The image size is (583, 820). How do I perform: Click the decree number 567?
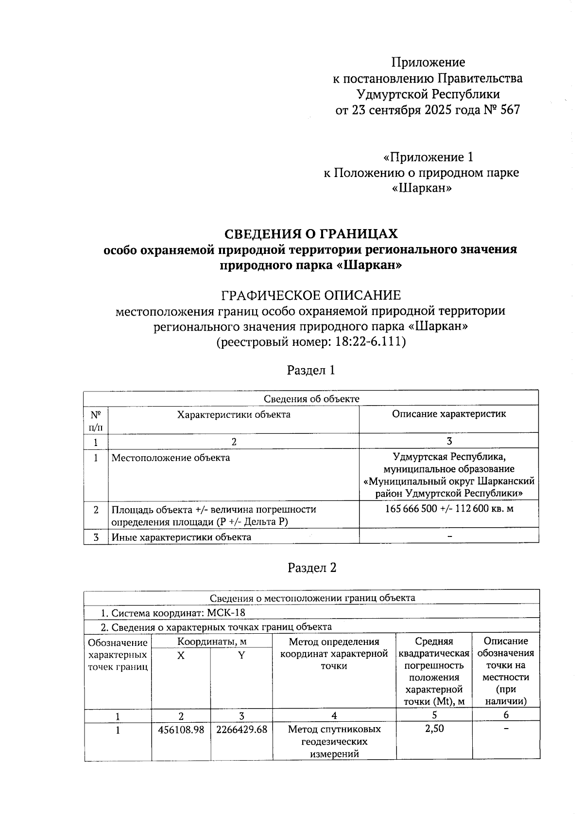click(x=510, y=110)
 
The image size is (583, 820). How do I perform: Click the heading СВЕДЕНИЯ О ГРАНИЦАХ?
click(x=311, y=234)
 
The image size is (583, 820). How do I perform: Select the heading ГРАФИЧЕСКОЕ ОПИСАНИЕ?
click(x=311, y=295)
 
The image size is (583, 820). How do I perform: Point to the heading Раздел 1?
click(x=311, y=370)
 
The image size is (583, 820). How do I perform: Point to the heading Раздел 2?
click(x=312, y=568)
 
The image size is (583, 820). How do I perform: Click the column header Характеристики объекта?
click(x=234, y=414)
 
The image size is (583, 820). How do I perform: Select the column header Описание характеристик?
click(x=449, y=414)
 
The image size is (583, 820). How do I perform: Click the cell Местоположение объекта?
click(x=171, y=458)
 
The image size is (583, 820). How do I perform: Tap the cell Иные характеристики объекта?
click(x=181, y=537)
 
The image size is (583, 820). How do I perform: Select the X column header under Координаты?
click(x=181, y=656)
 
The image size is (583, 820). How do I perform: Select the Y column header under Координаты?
click(x=241, y=656)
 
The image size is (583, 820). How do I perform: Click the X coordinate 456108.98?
click(x=181, y=730)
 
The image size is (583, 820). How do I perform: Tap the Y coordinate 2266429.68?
click(x=241, y=730)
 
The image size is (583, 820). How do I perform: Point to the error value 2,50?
click(x=434, y=729)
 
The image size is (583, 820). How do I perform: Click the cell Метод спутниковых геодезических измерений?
click(x=334, y=741)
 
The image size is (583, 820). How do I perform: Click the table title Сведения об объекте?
click(x=311, y=399)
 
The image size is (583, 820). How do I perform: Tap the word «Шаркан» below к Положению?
click(x=422, y=188)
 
